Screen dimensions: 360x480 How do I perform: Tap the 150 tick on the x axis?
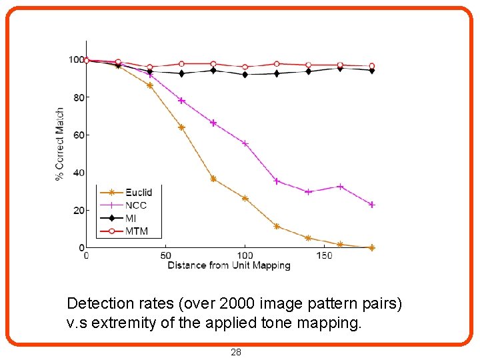323,256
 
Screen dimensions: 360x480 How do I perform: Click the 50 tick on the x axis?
165,256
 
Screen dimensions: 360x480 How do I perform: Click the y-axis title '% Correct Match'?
60,144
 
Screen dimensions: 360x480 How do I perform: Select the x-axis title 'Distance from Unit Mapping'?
229,265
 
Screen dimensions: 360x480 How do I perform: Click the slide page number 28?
235,352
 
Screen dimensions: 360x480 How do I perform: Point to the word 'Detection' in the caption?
96,303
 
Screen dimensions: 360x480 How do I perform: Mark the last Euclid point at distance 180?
371,247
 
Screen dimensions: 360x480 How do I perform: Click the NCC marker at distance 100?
245,143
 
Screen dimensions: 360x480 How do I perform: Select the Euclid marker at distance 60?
181,127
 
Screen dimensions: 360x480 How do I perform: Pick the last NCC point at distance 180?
371,205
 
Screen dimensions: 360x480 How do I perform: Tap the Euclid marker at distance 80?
213,179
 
